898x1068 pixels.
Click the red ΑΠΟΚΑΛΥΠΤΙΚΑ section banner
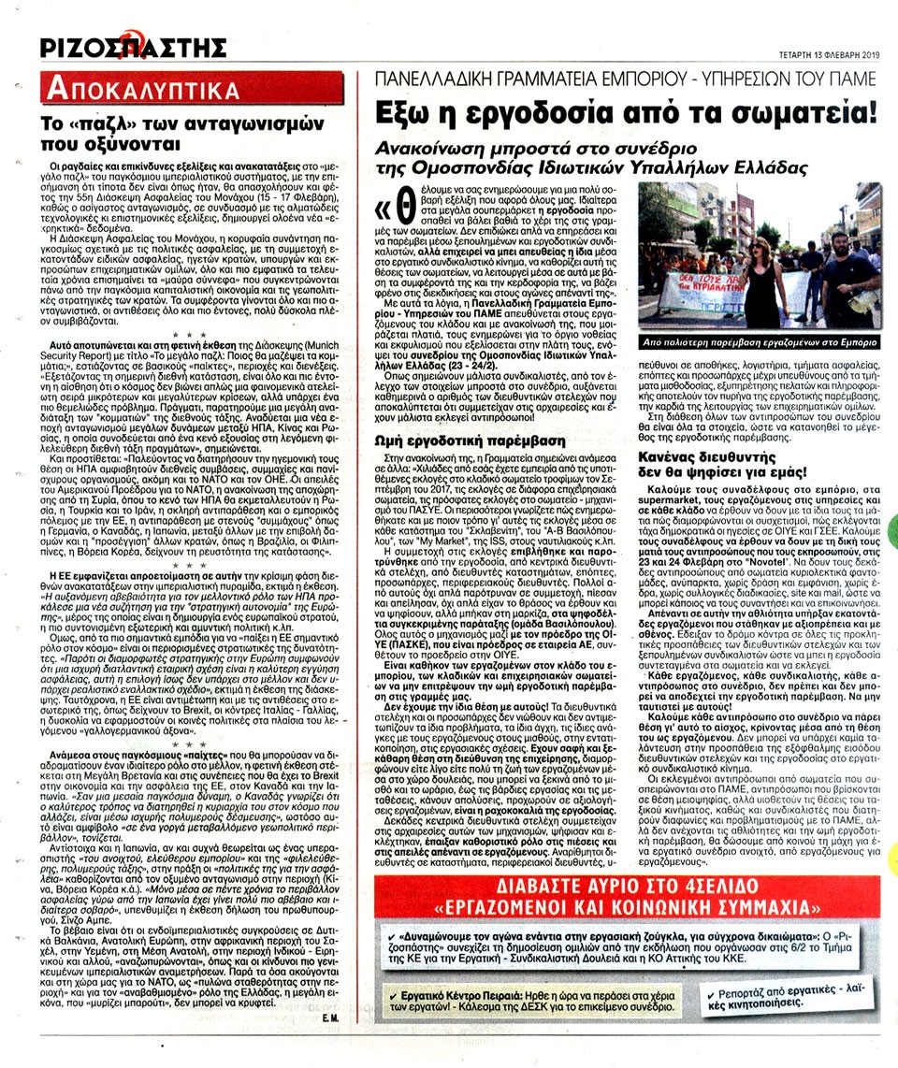point(139,90)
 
